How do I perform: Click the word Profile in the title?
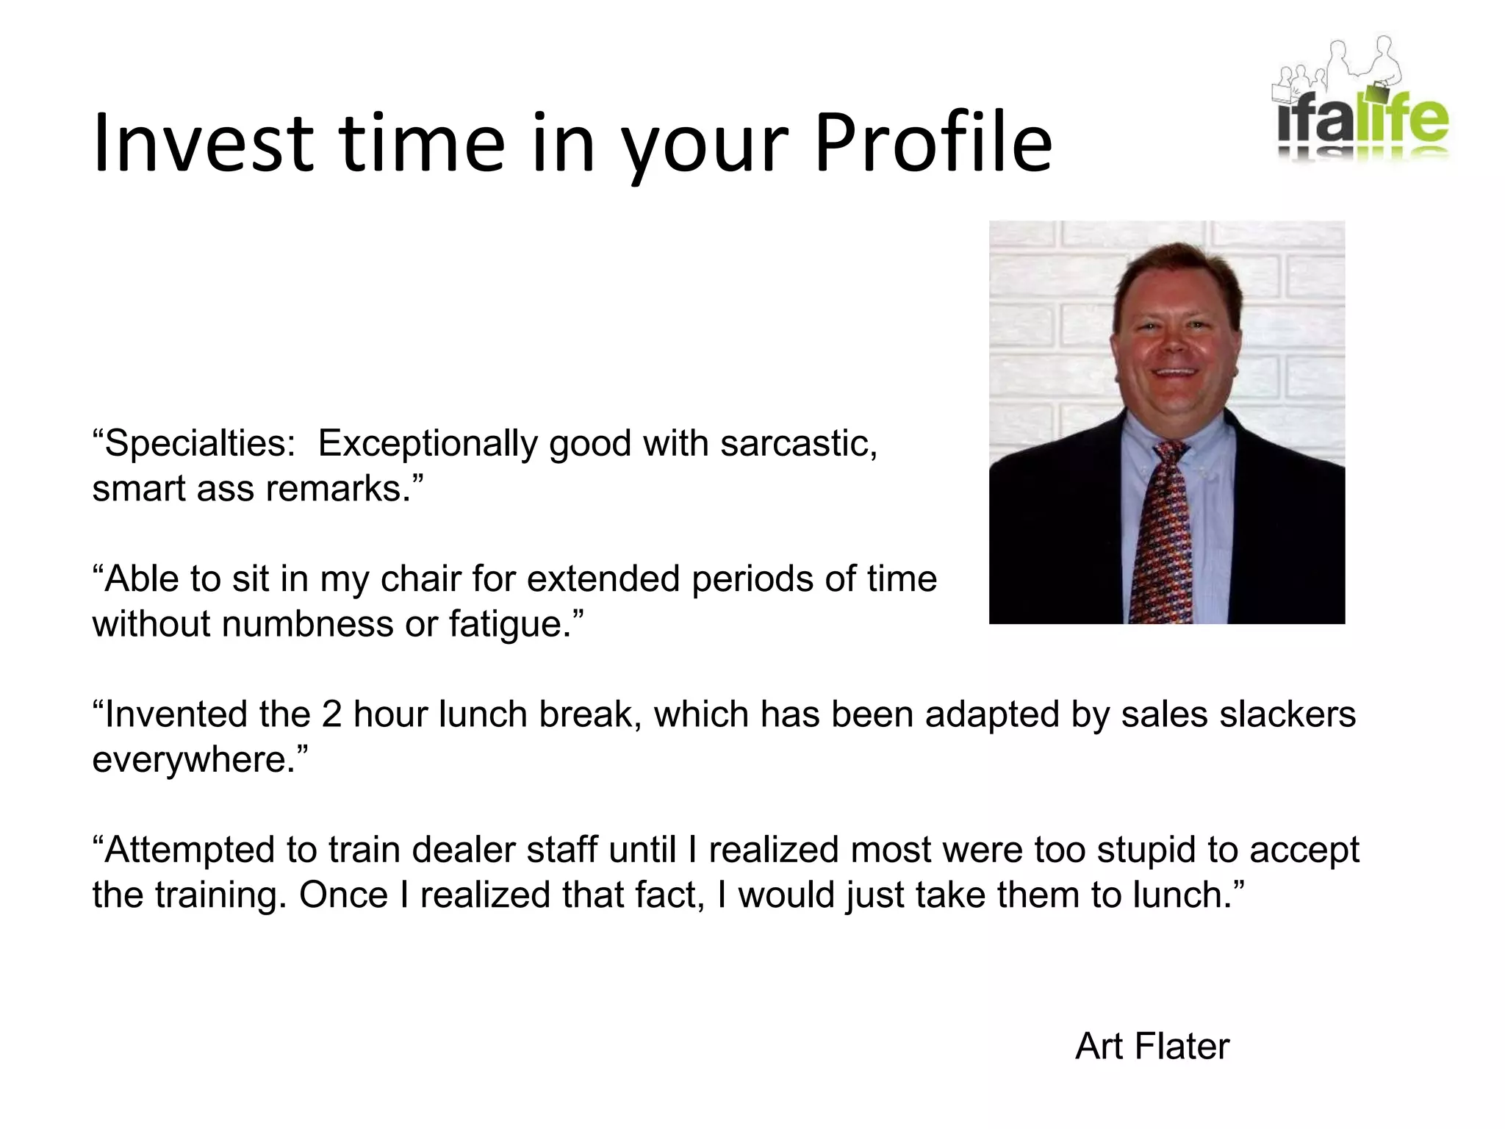933,143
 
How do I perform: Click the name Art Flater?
1152,1046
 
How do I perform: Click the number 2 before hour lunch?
331,714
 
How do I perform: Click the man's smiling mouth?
1177,373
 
